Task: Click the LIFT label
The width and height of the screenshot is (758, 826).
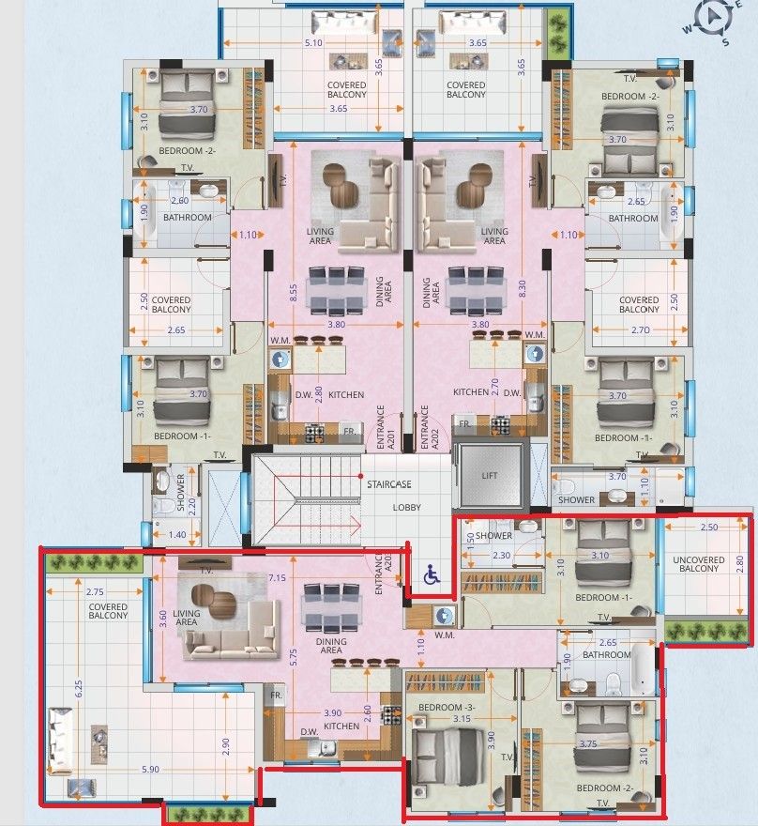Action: click(491, 475)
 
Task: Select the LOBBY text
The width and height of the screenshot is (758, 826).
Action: click(406, 507)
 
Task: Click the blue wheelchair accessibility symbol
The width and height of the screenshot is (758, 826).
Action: click(432, 574)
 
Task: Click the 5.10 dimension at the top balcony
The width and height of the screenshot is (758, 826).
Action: click(314, 43)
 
